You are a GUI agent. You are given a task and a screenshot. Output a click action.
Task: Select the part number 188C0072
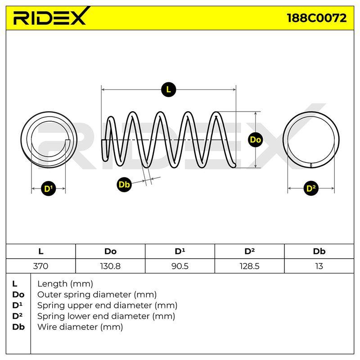[x=317, y=18]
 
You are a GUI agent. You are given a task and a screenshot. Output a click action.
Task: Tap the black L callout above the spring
[x=168, y=89]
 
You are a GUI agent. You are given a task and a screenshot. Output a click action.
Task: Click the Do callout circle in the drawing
[x=255, y=139]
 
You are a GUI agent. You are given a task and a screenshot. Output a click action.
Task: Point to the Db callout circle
[x=124, y=184]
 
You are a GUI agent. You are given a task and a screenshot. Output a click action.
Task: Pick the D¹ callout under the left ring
[x=49, y=189]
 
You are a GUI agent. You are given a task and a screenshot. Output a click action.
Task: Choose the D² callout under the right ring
[x=311, y=188]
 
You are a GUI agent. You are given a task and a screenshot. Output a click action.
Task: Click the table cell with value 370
[x=40, y=266]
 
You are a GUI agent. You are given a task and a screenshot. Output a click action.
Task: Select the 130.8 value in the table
[x=110, y=266]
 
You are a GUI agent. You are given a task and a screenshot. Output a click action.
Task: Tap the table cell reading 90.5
[x=180, y=266]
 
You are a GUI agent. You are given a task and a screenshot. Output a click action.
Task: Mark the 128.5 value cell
[x=249, y=266]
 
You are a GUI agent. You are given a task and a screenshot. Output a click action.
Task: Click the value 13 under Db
[x=319, y=266]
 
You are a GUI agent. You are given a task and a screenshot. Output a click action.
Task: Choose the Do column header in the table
[x=110, y=252]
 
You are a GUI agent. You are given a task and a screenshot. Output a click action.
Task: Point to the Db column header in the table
[x=319, y=252]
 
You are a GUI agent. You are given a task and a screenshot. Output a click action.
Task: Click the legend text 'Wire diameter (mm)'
[x=80, y=327]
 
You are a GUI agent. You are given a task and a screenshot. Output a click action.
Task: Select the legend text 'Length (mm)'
[x=65, y=284]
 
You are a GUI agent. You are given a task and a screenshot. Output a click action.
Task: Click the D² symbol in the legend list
[x=18, y=316]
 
